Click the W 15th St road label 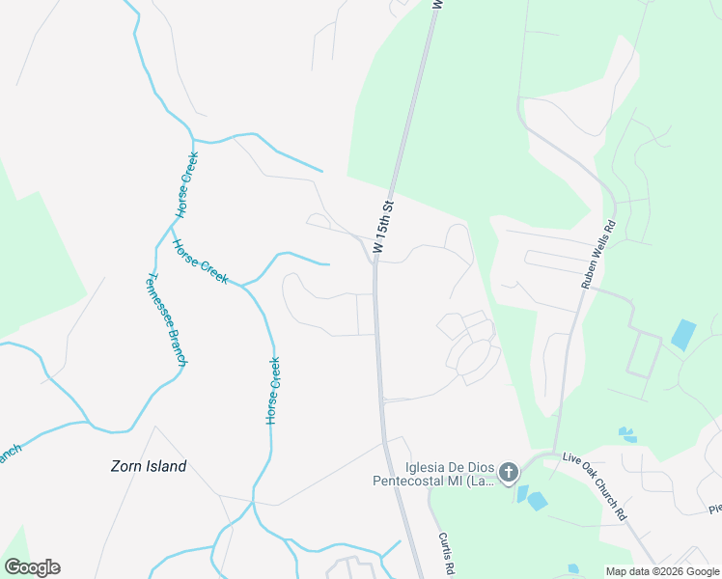coord(383,228)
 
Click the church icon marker coord(509,472)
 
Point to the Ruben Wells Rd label coord(597,254)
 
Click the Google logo coord(32,567)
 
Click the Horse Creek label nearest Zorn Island coord(274,391)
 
